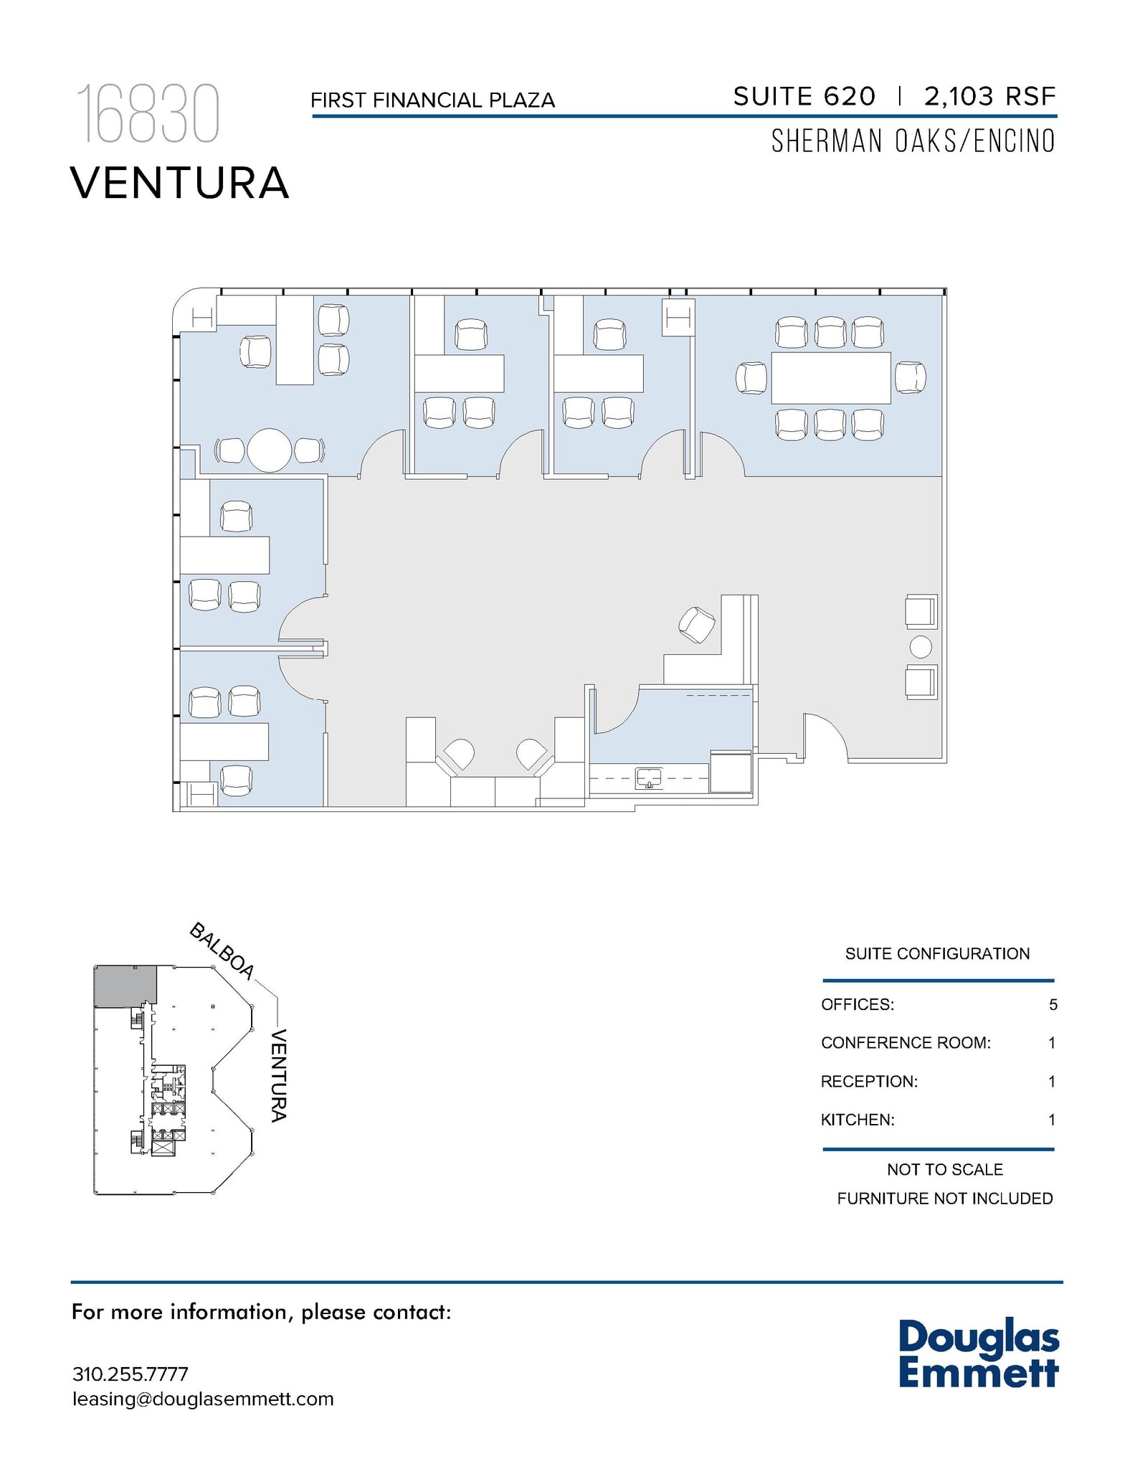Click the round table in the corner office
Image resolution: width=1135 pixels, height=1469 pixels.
click(x=269, y=450)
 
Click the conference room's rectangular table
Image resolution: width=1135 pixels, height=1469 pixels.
click(x=830, y=378)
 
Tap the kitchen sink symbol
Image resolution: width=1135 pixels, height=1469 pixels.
click(x=649, y=778)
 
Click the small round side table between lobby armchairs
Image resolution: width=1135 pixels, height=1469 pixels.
click(x=921, y=647)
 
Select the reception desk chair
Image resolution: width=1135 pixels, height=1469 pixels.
click(x=696, y=625)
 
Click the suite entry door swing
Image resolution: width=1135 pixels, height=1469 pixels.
click(x=825, y=735)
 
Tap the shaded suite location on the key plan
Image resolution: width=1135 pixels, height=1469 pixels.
click(x=125, y=986)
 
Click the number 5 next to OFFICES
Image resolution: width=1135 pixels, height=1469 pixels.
click(x=1053, y=1005)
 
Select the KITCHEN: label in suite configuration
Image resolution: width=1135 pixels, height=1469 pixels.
click(x=858, y=1120)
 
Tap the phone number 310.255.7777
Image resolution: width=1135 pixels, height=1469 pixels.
click(x=130, y=1374)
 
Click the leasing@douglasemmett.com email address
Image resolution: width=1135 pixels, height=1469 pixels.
click(x=203, y=1399)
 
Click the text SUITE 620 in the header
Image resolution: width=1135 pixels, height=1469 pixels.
click(x=804, y=96)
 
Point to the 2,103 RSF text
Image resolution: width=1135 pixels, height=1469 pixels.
click(x=989, y=96)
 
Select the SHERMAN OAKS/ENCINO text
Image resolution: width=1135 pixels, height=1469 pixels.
click(x=913, y=141)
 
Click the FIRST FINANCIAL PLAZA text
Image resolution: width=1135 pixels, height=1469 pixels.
click(x=432, y=100)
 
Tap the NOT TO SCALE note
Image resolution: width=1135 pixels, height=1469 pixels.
click(x=944, y=1170)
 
